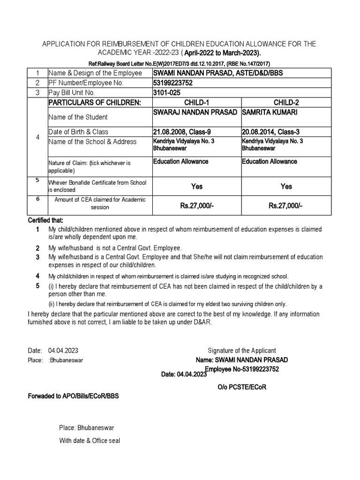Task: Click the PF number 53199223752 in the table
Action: [x=172, y=83]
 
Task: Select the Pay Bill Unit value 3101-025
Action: [x=167, y=93]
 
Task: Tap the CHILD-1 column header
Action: [x=197, y=103]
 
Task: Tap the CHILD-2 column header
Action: [x=286, y=103]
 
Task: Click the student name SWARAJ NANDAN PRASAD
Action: [x=195, y=113]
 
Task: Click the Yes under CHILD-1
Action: [x=197, y=187]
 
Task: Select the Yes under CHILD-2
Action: [x=286, y=187]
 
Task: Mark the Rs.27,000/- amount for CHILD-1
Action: [x=197, y=206]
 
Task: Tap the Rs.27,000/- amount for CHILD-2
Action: [x=286, y=206]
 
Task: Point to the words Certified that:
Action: [x=45, y=220]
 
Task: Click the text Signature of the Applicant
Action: [x=242, y=351]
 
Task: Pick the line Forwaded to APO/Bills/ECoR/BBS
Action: [x=74, y=396]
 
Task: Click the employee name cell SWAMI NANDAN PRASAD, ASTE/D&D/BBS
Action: [x=218, y=73]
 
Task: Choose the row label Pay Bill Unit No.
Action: [x=72, y=93]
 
